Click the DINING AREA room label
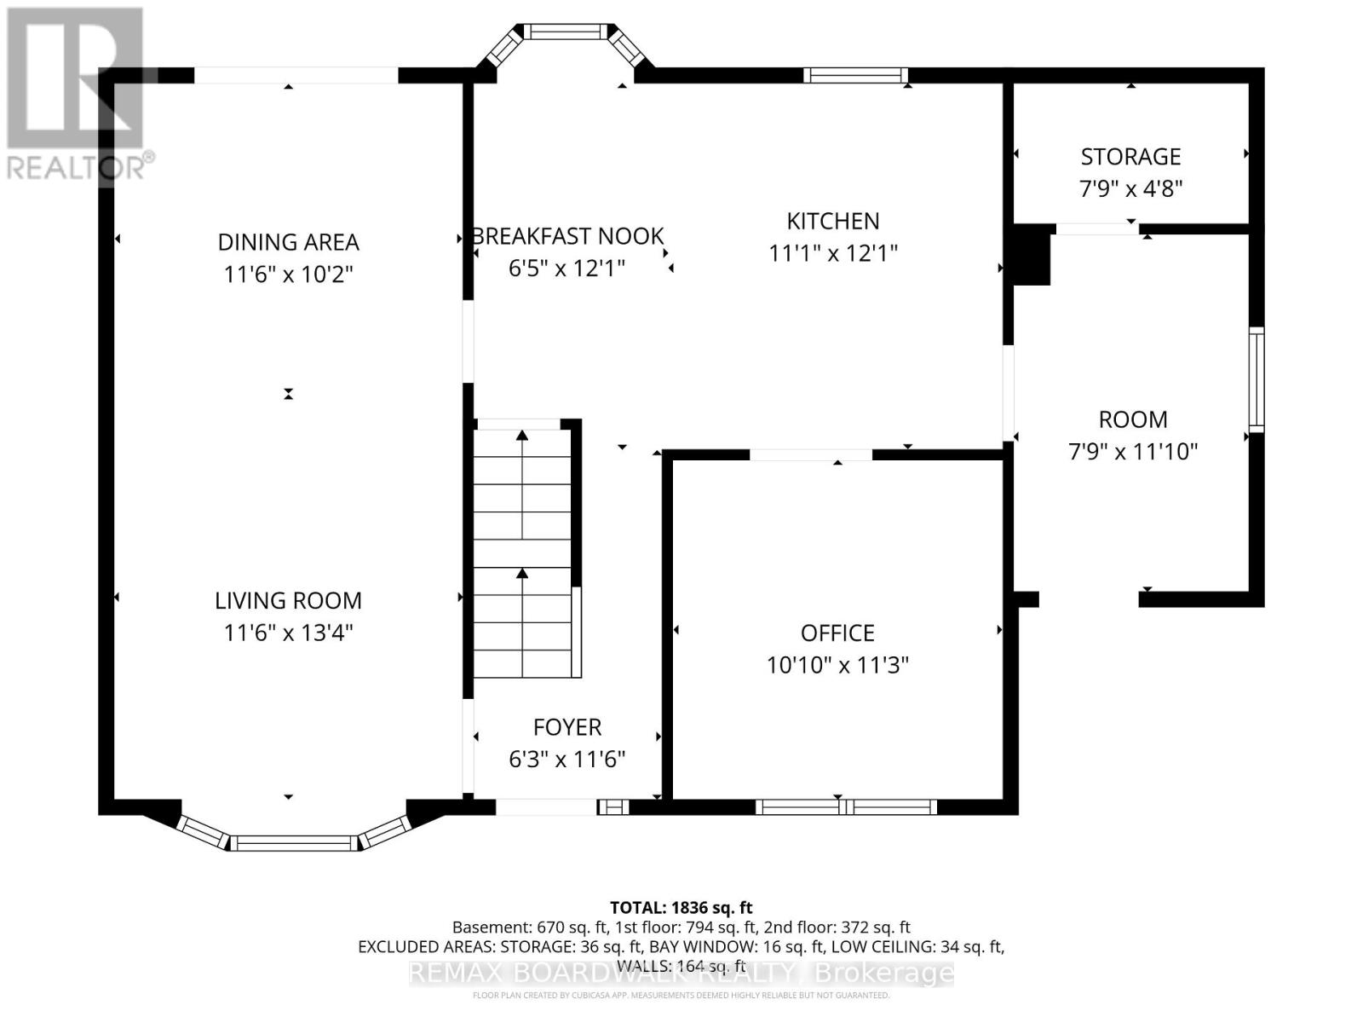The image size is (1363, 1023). coord(288,242)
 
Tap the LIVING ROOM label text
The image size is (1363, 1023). coord(288,601)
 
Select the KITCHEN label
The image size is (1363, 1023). coord(832,222)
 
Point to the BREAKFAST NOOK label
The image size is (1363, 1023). coord(567,236)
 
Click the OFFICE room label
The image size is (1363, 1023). coord(837,633)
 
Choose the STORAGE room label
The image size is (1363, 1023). coord(1130,157)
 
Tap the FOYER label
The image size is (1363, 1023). coord(567,727)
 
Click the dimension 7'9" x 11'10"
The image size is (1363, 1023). coord(1133,451)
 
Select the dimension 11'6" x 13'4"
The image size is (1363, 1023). coord(288,633)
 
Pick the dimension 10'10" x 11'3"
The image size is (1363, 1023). coord(837,665)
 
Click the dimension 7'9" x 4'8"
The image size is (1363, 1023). coord(1130,188)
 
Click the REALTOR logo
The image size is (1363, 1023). coord(77,94)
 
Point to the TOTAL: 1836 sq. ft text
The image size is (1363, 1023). coord(681,908)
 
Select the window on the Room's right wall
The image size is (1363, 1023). coord(1257,379)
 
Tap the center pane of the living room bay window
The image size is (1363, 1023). coord(294,843)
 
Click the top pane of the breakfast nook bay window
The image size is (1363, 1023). coord(566,32)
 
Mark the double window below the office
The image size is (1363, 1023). coord(845,806)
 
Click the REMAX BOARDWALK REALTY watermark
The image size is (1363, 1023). coord(681,973)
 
